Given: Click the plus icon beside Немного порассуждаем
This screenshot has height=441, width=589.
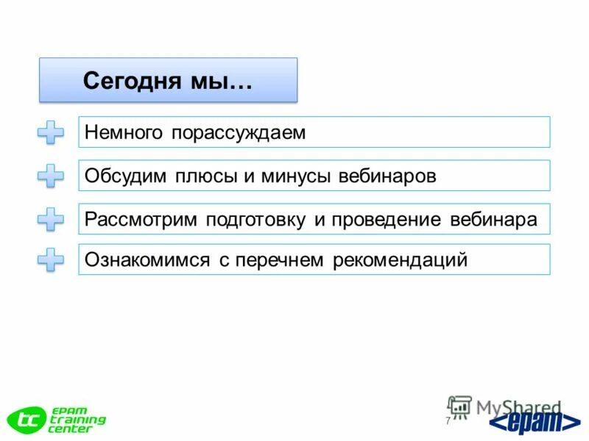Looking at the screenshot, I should point(51,133).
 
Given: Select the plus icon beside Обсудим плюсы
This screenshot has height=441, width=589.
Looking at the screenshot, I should point(51,176).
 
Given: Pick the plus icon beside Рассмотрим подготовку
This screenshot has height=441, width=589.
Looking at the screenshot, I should point(51,219).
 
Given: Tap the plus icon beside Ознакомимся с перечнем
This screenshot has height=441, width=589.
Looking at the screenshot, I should point(51,259).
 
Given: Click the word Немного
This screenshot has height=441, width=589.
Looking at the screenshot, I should point(124,132).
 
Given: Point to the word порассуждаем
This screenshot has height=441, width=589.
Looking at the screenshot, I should point(239,133).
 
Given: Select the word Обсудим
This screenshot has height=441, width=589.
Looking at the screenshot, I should point(126,176).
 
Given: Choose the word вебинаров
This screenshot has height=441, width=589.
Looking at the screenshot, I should point(388,176).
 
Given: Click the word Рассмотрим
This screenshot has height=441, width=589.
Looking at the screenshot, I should point(141,220).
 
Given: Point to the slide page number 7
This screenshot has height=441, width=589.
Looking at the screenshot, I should point(448,420).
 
